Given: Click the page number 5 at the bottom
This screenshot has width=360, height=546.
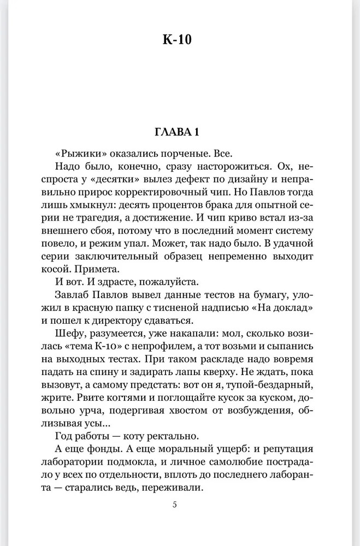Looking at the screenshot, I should click(x=175, y=505).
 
